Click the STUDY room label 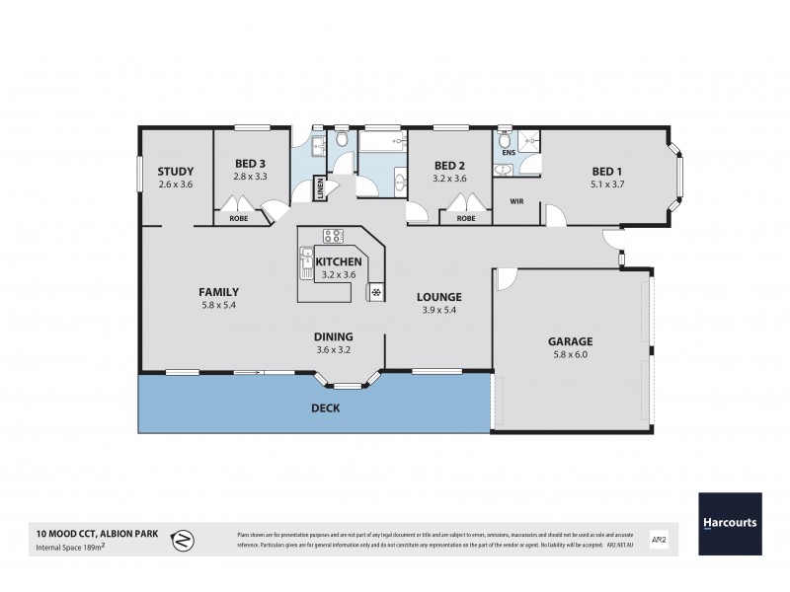pyautogui.click(x=175, y=171)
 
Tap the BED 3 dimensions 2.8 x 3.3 pyautogui.click(x=251, y=177)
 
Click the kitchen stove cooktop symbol pyautogui.click(x=332, y=236)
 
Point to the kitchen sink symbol pyautogui.click(x=306, y=263)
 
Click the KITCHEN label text pyautogui.click(x=339, y=261)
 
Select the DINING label pyautogui.click(x=334, y=335)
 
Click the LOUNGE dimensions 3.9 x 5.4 pyautogui.click(x=438, y=310)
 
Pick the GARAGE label pyautogui.click(x=570, y=341)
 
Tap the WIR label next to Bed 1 pyautogui.click(x=515, y=201)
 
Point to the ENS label pyautogui.click(x=509, y=153)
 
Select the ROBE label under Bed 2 pyautogui.click(x=465, y=218)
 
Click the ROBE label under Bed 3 pyautogui.click(x=238, y=218)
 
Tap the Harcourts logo pyautogui.click(x=731, y=522)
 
